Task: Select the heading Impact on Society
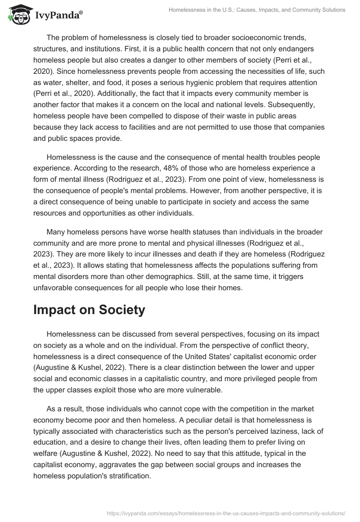coord(89,310)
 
